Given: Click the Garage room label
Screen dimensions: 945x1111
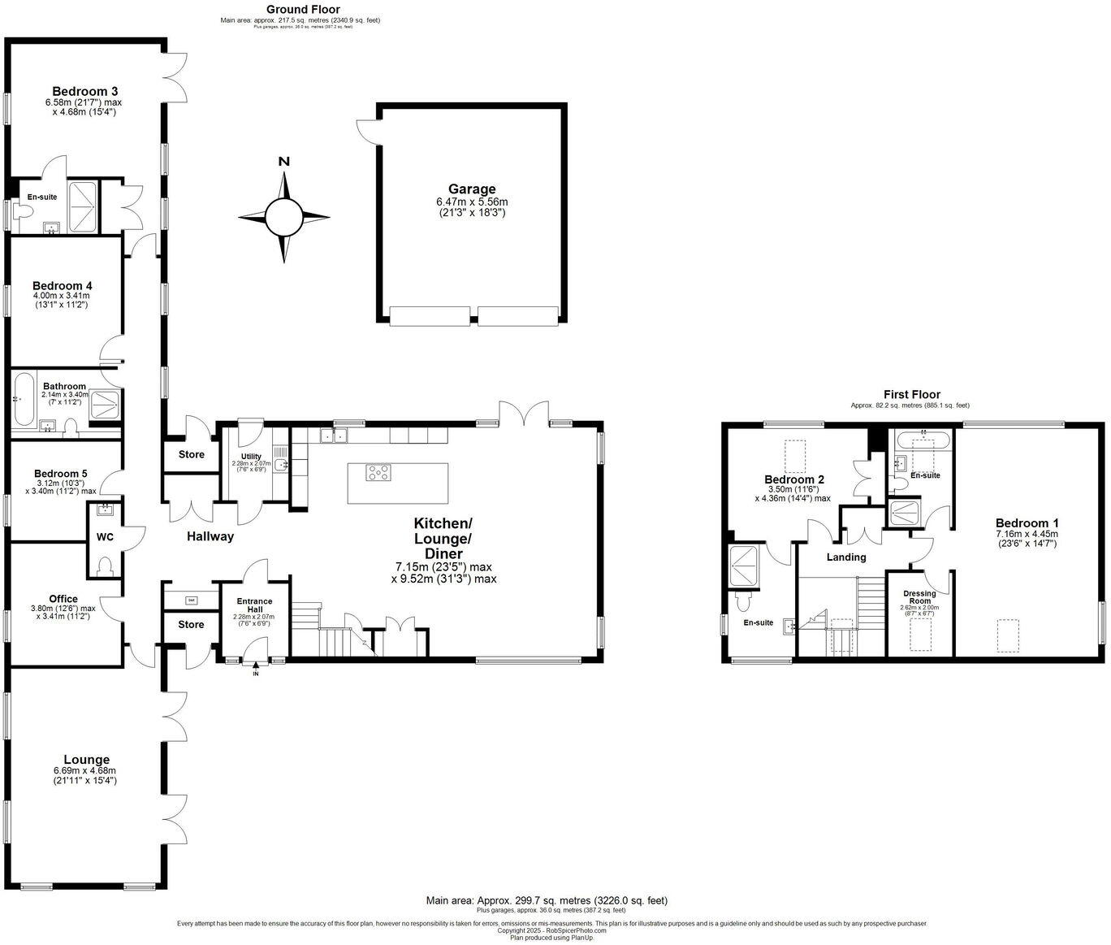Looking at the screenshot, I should pyautogui.click(x=470, y=189).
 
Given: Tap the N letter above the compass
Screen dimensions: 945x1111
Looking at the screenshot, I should pyautogui.click(x=284, y=161).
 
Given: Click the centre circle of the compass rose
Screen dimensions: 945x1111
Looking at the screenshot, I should pyautogui.click(x=284, y=216).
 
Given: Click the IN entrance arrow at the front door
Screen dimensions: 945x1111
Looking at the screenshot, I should pyautogui.click(x=256, y=666).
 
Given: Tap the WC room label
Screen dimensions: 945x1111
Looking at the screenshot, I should pyautogui.click(x=105, y=537).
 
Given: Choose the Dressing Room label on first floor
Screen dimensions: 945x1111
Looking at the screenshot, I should pyautogui.click(x=920, y=597).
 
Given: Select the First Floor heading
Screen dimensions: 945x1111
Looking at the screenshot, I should pyautogui.click(x=910, y=395).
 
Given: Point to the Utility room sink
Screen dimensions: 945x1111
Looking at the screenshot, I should pyautogui.click(x=280, y=463).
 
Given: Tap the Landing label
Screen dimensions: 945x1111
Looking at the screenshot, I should pyautogui.click(x=846, y=557).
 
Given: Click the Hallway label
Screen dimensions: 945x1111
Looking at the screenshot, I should pyautogui.click(x=210, y=536).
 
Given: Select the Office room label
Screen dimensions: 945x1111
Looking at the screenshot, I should pyautogui.click(x=63, y=599).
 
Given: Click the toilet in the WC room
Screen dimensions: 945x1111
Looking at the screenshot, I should pyautogui.click(x=105, y=566).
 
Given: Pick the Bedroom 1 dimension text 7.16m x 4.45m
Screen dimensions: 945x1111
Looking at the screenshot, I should pyautogui.click(x=1027, y=534).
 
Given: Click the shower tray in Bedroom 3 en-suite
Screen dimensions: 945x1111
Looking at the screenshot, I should pyautogui.click(x=84, y=207).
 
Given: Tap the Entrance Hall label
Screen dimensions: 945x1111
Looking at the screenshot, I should pyautogui.click(x=254, y=605).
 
